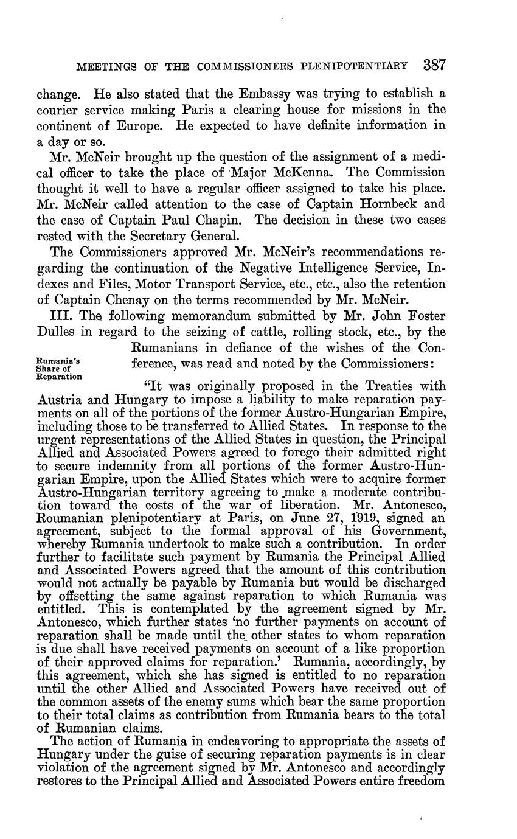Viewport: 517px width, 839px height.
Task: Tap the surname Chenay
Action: coord(144,300)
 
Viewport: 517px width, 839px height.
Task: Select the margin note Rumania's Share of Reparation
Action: coord(58,368)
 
